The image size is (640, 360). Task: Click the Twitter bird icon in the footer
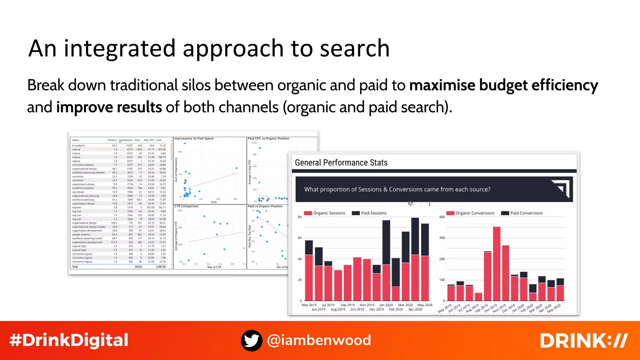coord(252,340)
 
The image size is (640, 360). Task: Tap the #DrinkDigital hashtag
coord(69,340)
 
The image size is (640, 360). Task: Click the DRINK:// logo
coord(584,340)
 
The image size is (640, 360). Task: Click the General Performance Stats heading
coord(341,162)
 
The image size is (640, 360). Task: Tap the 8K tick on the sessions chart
coord(300,217)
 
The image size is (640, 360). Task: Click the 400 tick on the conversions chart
coord(442,217)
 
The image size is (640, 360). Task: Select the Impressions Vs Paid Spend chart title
coord(194,138)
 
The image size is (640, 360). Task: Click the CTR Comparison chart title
coord(186,206)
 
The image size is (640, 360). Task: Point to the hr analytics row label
coord(78,146)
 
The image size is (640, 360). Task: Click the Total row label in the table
coord(75,267)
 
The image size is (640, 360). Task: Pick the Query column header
coord(76,140)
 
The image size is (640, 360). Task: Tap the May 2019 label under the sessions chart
coord(309,305)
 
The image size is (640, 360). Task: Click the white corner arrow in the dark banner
coord(561,189)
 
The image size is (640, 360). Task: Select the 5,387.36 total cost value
coord(161,267)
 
